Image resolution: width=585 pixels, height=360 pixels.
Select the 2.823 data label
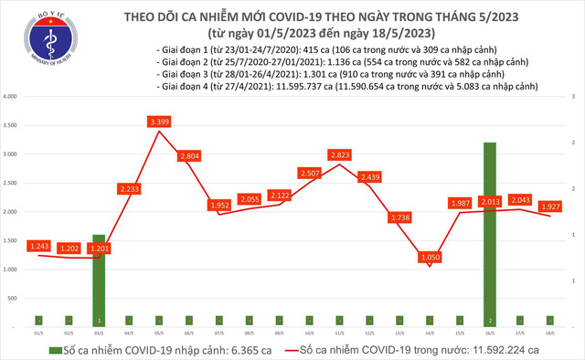341,154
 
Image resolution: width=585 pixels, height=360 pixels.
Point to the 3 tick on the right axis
574,96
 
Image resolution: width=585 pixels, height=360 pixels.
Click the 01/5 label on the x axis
39,334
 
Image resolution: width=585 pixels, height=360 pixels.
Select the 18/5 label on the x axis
549,334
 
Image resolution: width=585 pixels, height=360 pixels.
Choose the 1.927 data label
549,206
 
